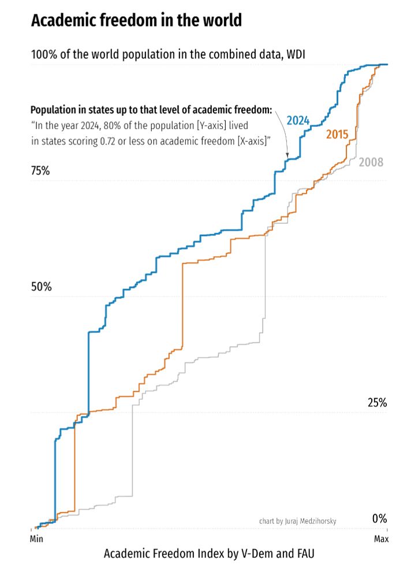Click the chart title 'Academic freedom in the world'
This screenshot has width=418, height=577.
pyautogui.click(x=136, y=21)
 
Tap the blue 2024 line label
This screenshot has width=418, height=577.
pyautogui.click(x=298, y=121)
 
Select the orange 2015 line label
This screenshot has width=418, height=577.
pyautogui.click(x=337, y=135)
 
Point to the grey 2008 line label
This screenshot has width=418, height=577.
pyautogui.click(x=371, y=162)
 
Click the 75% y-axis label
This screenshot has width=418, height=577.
pyautogui.click(x=40, y=171)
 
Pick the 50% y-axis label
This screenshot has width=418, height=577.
pyautogui.click(x=40, y=287)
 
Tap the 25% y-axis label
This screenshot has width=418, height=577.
pyautogui.click(x=376, y=403)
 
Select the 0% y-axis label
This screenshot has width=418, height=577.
pyautogui.click(x=379, y=519)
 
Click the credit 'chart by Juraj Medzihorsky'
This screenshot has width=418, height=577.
pyautogui.click(x=298, y=521)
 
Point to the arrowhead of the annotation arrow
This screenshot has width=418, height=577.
pyautogui.click(x=287, y=155)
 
